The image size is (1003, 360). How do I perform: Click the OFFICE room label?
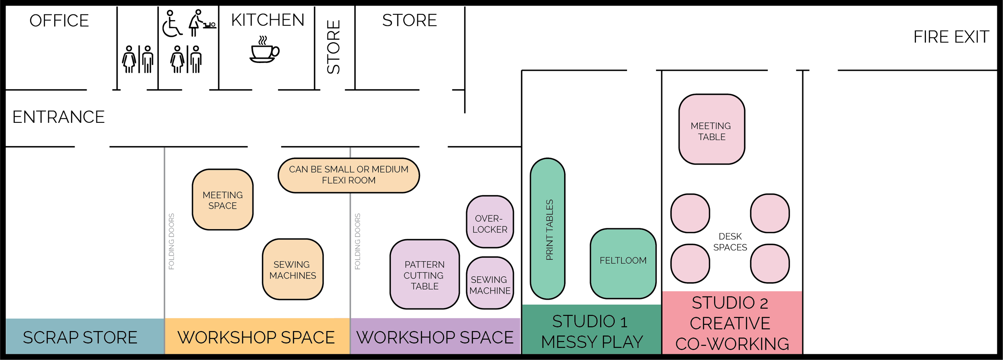pos(59,21)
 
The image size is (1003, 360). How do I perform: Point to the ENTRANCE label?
pos(59,117)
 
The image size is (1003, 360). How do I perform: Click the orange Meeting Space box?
pos(223,200)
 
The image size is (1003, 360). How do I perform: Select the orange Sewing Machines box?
pos(292,270)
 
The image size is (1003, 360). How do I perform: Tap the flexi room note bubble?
pos(348,175)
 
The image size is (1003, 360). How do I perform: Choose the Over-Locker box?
pos(489,222)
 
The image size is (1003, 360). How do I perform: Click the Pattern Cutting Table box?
pos(424,275)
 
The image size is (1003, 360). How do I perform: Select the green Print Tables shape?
pos(548,229)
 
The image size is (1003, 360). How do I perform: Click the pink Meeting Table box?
pos(711,130)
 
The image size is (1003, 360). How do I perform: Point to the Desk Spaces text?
pos(730,242)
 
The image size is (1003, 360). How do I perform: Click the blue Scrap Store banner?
pos(80,337)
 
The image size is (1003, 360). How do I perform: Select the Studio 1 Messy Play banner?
pos(591,331)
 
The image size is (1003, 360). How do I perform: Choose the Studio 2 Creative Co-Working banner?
pos(731,323)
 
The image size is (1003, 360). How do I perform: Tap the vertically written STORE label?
pos(334,47)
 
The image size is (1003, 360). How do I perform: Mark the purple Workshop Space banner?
pos(435,337)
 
